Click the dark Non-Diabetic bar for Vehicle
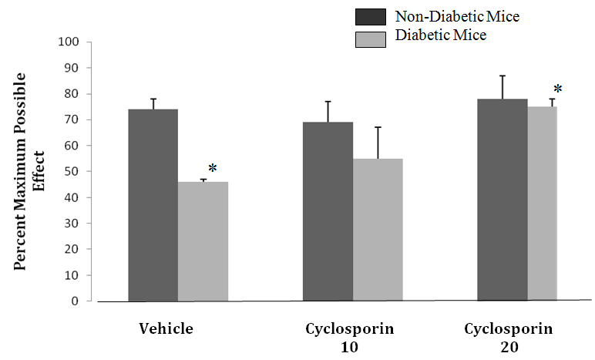click(x=153, y=205)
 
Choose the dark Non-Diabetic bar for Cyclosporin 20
click(x=503, y=200)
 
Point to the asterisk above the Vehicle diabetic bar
click(x=213, y=169)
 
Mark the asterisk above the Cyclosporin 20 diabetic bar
click(x=558, y=90)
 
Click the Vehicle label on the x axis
click(x=166, y=328)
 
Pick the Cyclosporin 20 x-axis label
click(x=509, y=337)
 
